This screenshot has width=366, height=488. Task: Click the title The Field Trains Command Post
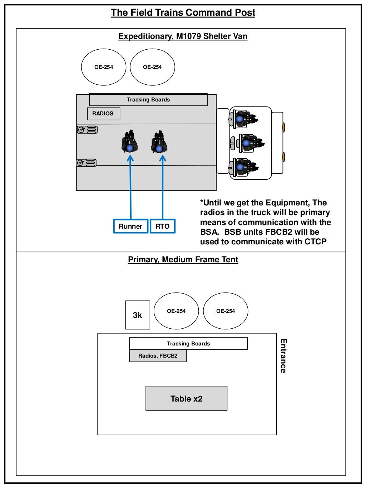pos(183,13)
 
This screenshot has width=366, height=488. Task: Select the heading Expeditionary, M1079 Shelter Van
pos(183,36)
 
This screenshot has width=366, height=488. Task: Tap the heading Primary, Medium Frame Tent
pos(183,259)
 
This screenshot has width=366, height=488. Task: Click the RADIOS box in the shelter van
pos(103,114)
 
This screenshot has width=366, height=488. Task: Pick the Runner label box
pos(130,226)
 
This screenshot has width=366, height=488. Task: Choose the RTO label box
pos(163,226)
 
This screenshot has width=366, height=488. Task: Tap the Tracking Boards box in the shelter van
pos(148,100)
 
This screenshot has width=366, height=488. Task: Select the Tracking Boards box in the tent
pos(188,343)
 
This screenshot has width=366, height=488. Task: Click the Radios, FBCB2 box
pos(158,356)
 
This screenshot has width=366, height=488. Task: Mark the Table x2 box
pos(186,398)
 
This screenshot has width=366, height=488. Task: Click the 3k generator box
pos(138,315)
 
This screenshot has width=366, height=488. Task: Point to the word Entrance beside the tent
pos(283,356)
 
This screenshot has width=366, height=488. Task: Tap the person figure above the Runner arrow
pos(130,142)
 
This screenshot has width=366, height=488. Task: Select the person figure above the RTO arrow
pos(159,142)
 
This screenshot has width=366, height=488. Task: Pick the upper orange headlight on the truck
pos(283,127)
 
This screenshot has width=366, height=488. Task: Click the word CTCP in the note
pos(316,242)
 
